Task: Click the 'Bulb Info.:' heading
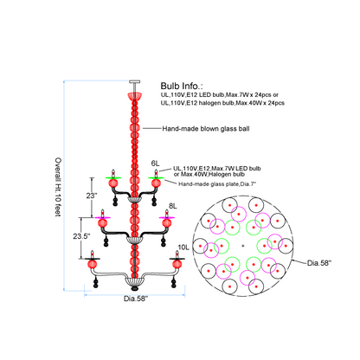(x=182, y=86)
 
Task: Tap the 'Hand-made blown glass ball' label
(x=206, y=129)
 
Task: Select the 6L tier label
(x=155, y=164)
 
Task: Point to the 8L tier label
(x=173, y=206)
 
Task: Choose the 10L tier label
(x=183, y=247)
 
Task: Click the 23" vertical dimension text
(x=92, y=196)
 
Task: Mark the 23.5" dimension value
(x=81, y=236)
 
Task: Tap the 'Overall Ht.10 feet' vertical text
(x=58, y=187)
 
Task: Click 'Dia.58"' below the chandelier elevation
(x=136, y=299)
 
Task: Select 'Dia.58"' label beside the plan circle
(x=319, y=263)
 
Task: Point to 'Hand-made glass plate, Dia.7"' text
(x=217, y=183)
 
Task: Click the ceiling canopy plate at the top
(x=135, y=81)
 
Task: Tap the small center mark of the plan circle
(x=243, y=246)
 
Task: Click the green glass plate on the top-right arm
(x=156, y=177)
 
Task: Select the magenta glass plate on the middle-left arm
(x=102, y=217)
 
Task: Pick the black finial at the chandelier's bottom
(x=135, y=288)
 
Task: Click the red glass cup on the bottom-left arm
(x=93, y=264)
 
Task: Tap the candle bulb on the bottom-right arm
(x=177, y=254)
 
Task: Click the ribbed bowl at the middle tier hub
(x=135, y=240)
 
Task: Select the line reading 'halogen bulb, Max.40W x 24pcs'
(x=222, y=103)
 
